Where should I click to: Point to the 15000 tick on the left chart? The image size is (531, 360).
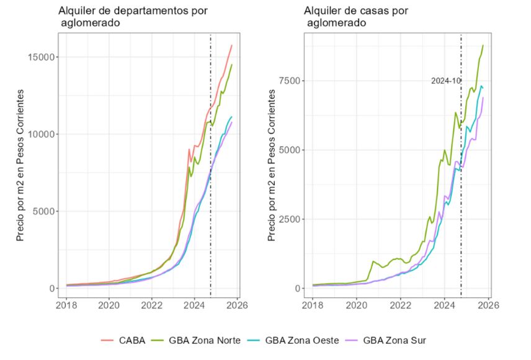41,57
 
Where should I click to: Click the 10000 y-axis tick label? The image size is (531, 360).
41,134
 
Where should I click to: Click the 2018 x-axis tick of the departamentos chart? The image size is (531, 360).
66,305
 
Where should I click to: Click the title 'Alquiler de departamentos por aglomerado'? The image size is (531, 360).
133,17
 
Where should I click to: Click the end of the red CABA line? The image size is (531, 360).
231,45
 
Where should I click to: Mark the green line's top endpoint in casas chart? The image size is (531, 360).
483,45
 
